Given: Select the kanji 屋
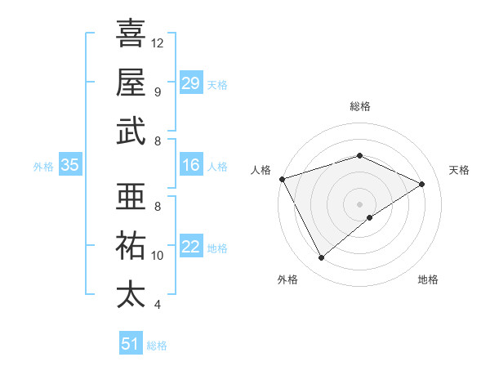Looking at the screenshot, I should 131,82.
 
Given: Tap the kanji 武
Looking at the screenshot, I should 131,131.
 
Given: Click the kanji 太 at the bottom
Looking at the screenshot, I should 131,294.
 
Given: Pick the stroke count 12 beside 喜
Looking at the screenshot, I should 158,42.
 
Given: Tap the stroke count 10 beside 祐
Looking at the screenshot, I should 158,256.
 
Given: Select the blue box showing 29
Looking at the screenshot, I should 191,83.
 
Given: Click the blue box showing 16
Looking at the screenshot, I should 191,166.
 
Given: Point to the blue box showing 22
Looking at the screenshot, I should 191,247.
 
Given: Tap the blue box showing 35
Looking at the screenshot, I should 70,166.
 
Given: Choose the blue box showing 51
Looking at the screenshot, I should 131,344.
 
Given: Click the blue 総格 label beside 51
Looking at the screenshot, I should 157,346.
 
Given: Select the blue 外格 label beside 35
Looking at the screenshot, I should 43,167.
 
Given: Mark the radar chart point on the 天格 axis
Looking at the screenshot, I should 422,184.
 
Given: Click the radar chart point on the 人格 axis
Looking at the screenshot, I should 282,179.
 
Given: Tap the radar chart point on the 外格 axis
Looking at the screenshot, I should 321,258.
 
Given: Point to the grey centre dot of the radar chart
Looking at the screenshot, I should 359,203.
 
